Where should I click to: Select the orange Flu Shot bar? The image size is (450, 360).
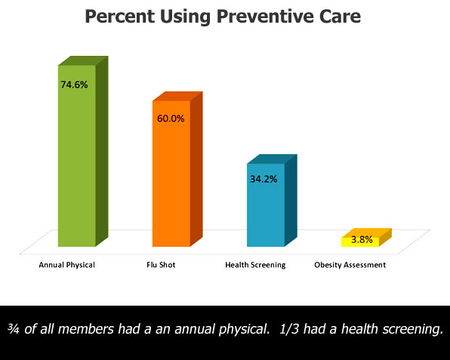pyautogui.click(x=177, y=169)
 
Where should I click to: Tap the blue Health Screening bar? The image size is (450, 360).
pyautogui.click(x=272, y=201)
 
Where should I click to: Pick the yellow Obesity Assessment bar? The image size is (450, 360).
pyautogui.click(x=366, y=238)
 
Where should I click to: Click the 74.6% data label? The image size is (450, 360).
pyautogui.click(x=74, y=85)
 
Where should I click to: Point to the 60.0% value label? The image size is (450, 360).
pyautogui.click(x=171, y=118)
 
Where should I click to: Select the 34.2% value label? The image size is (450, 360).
pyautogui.click(x=264, y=179)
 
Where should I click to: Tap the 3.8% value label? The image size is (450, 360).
pyautogui.click(x=362, y=239)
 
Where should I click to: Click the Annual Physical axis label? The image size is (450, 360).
pyautogui.click(x=67, y=265)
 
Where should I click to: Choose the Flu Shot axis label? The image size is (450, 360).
pyautogui.click(x=161, y=265)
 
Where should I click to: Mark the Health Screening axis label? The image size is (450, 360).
pyautogui.click(x=255, y=265)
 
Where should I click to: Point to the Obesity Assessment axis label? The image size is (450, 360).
pyautogui.click(x=350, y=265)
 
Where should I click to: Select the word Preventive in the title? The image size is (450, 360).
pyautogui.click(x=265, y=17)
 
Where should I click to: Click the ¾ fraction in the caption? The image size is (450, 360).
pyautogui.click(x=13, y=329)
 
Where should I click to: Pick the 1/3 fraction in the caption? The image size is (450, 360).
pyautogui.click(x=289, y=329)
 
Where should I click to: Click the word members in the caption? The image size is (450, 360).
pyautogui.click(x=85, y=329)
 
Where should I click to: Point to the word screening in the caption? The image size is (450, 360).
pyautogui.click(x=412, y=329)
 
